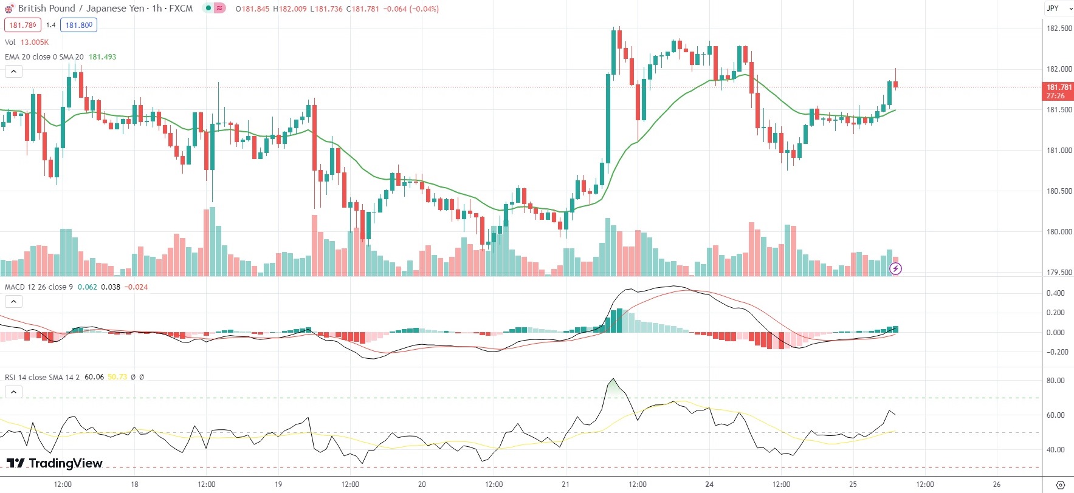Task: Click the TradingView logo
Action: pyautogui.click(x=55, y=463)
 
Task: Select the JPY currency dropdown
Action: pyautogui.click(x=1058, y=8)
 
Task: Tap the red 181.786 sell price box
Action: pyautogui.click(x=22, y=25)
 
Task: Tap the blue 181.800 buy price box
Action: pyautogui.click(x=78, y=25)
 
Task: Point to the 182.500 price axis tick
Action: pyautogui.click(x=1059, y=29)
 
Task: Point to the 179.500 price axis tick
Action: pyautogui.click(x=1059, y=273)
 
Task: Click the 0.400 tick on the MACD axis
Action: pyautogui.click(x=1055, y=293)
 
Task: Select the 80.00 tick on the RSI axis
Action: pyautogui.click(x=1055, y=381)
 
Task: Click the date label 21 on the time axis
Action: pyautogui.click(x=566, y=484)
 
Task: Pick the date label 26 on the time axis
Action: pyautogui.click(x=997, y=484)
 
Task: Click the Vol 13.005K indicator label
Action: pyautogui.click(x=27, y=42)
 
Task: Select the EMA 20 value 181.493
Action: pyautogui.click(x=102, y=57)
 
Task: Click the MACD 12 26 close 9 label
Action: pyautogui.click(x=38, y=287)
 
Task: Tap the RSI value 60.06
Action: pyautogui.click(x=94, y=377)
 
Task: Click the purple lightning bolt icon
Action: pyautogui.click(x=895, y=268)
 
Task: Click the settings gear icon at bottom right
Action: pyautogui.click(x=1060, y=485)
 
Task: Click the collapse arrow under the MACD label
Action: pyautogui.click(x=13, y=302)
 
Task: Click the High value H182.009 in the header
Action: pyautogui.click(x=289, y=9)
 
